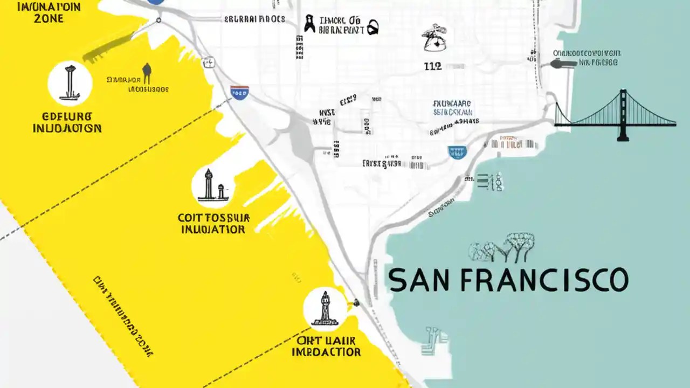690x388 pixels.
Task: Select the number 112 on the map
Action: click(x=433, y=66)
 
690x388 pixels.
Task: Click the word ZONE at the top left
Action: click(x=48, y=19)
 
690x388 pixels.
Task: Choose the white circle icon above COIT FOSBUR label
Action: click(x=213, y=186)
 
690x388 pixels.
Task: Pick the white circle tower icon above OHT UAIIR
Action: click(x=325, y=308)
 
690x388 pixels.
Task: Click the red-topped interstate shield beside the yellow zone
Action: click(x=239, y=92)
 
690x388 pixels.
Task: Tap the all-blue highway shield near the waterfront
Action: click(x=457, y=152)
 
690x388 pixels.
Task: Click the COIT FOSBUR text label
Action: click(x=213, y=218)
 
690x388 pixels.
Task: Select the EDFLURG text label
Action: click(x=67, y=116)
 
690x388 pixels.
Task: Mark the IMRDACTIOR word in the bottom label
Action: click(x=326, y=352)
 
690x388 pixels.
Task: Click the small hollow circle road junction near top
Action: click(x=158, y=20)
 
